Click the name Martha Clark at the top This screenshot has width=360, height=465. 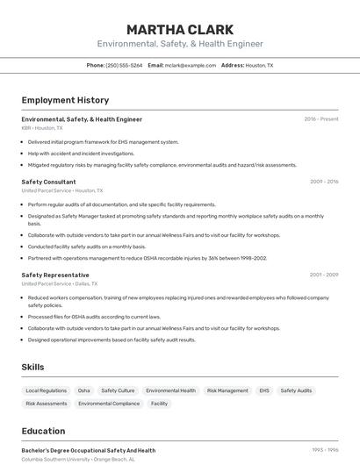(x=179, y=29)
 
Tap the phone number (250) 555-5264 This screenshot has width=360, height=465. (x=124, y=65)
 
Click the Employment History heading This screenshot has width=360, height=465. (x=65, y=100)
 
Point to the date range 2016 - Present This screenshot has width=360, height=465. (x=320, y=118)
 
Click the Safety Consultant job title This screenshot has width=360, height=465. (x=48, y=182)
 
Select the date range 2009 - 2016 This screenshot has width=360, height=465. (x=323, y=182)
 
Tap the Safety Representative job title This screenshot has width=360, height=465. (x=55, y=275)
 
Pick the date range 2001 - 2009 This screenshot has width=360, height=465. (x=323, y=275)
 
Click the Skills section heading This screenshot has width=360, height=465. (x=32, y=367)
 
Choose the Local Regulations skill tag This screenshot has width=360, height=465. (x=46, y=390)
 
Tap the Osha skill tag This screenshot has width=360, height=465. (x=83, y=390)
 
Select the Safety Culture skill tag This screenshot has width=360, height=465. (x=118, y=390)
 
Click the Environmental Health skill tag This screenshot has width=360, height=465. (x=170, y=390)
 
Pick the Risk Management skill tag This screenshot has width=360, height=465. (x=227, y=390)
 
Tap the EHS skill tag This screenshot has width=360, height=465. (x=264, y=390)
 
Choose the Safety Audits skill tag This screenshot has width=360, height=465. (x=296, y=390)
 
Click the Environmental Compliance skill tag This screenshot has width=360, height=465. (x=109, y=404)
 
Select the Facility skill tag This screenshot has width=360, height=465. (x=159, y=404)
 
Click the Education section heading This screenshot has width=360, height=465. (x=43, y=431)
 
